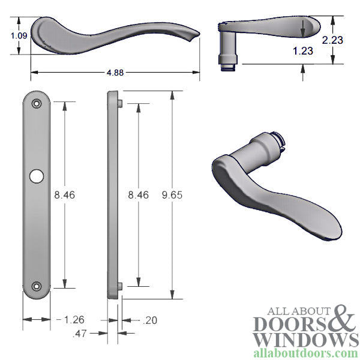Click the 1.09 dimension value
pos(19,35)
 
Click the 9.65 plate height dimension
pos(172,195)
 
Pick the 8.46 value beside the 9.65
pos(137,195)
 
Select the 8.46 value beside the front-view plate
pos(65,195)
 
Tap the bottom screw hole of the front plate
pos(37,287)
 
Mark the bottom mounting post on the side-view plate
pos(121,286)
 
